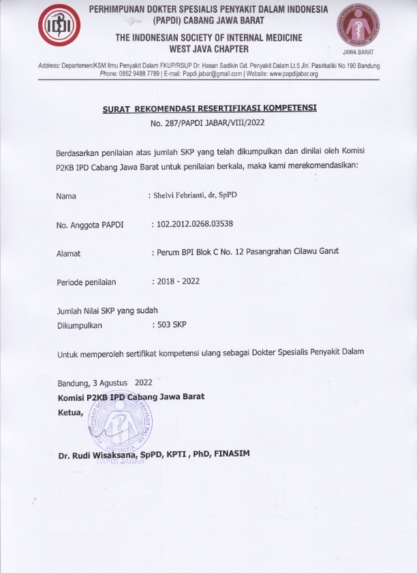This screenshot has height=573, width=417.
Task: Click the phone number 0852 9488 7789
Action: (x=141, y=73)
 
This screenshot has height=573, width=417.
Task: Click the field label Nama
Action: (x=66, y=197)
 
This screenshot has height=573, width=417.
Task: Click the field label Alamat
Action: (x=68, y=253)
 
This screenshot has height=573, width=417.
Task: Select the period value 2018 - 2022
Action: (x=177, y=281)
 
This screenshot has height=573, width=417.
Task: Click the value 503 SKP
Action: (x=171, y=325)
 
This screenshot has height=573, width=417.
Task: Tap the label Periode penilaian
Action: (x=87, y=282)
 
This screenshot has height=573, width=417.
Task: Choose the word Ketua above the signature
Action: (x=70, y=412)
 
